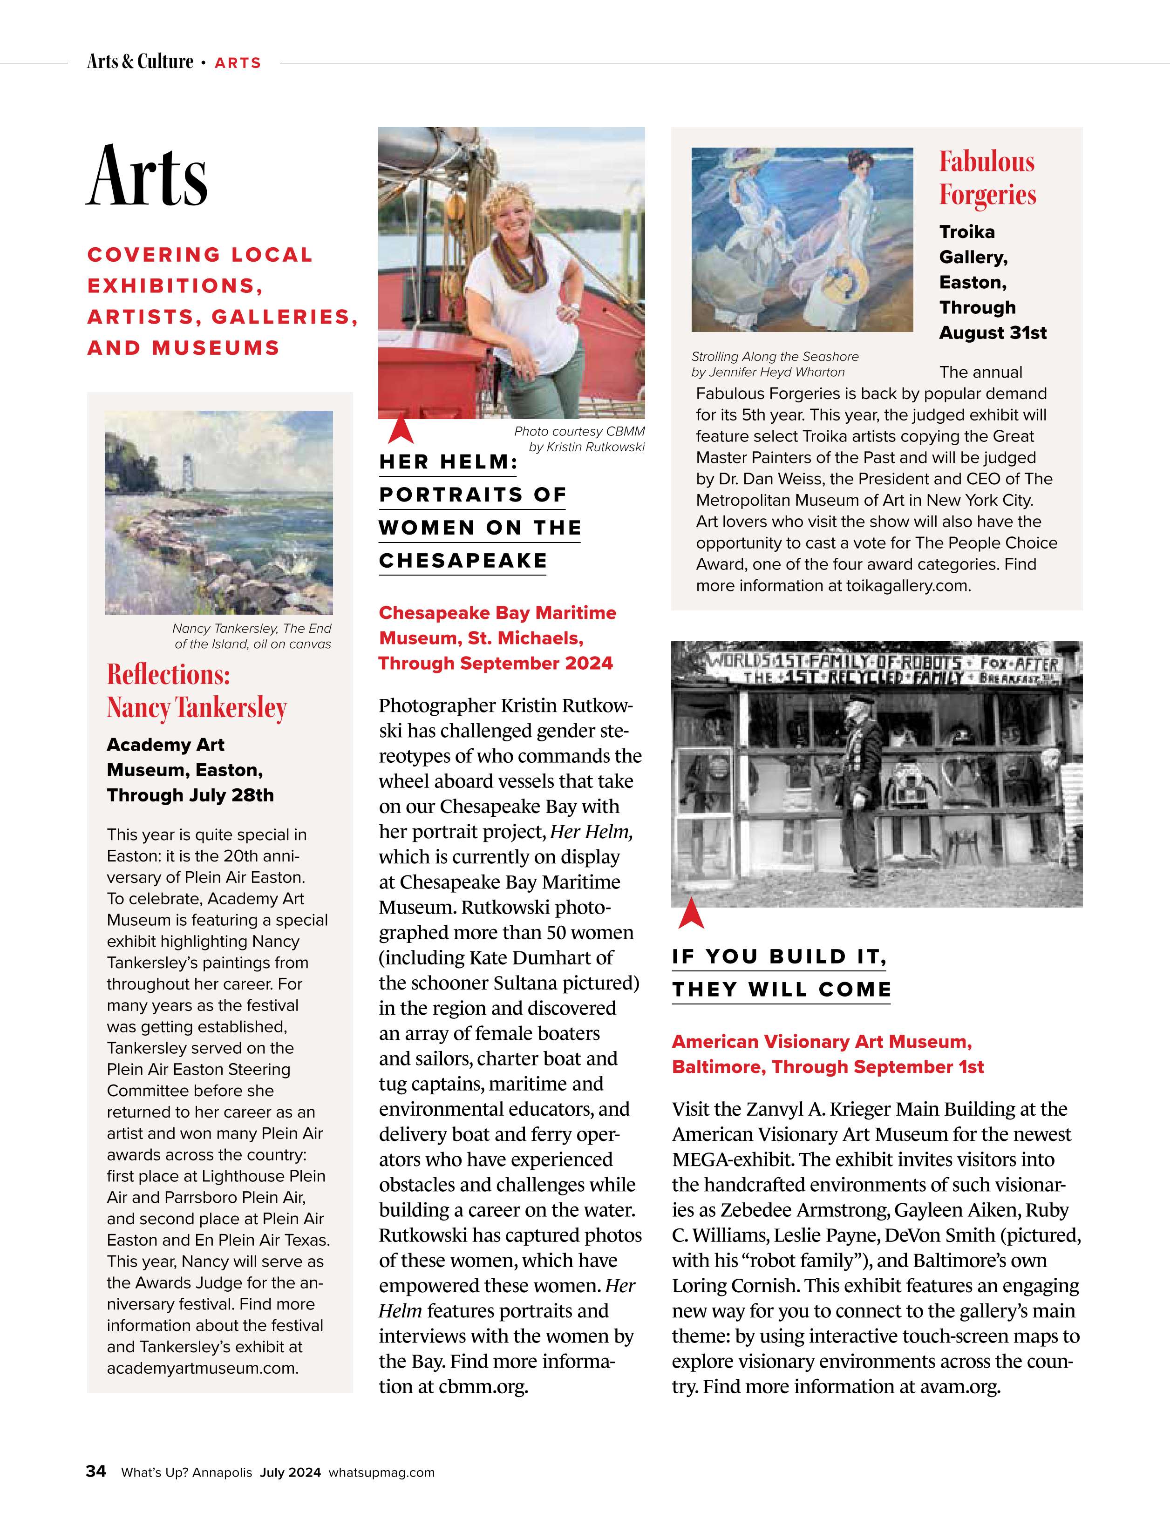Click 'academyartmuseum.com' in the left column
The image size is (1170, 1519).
click(203, 1368)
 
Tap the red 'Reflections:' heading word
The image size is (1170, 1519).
click(168, 675)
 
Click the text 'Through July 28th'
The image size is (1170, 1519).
click(190, 795)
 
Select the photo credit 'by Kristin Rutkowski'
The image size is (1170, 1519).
click(586, 447)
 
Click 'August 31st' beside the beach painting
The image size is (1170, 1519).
click(993, 332)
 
